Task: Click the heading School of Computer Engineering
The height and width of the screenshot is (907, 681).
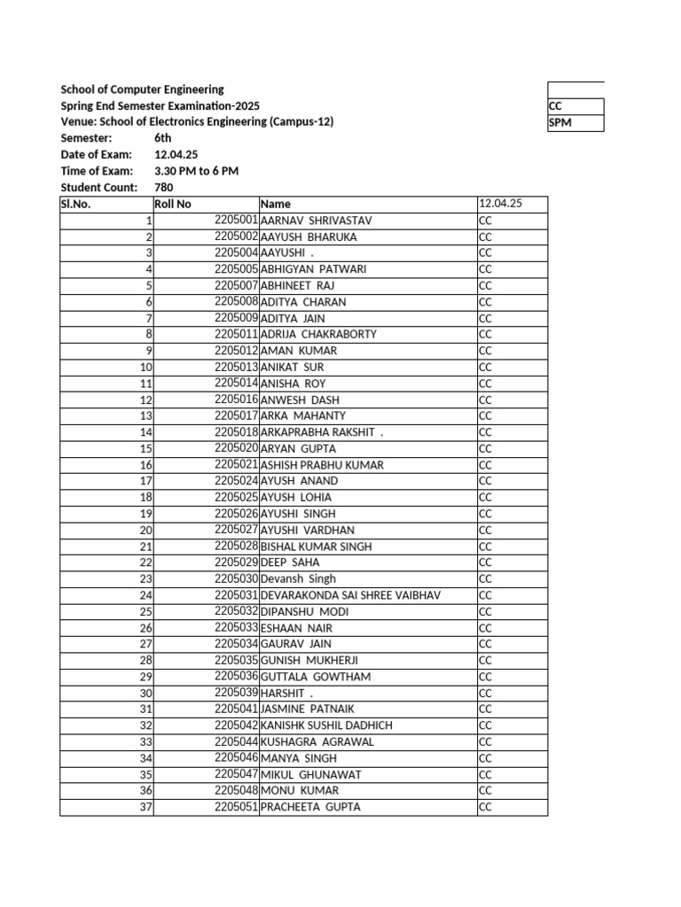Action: (142, 89)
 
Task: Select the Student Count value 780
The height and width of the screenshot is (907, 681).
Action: (164, 187)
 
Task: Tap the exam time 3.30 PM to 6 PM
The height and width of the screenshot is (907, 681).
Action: (196, 171)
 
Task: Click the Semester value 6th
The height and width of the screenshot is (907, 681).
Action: (163, 138)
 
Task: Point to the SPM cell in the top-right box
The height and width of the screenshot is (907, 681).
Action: (560, 123)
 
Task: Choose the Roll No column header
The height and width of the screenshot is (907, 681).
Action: (173, 204)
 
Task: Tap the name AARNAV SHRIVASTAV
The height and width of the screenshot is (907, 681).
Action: (317, 220)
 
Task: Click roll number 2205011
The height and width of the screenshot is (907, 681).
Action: (236, 334)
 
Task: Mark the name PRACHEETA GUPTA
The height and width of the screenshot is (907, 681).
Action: (310, 807)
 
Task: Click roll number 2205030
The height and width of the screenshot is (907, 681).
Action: (236, 578)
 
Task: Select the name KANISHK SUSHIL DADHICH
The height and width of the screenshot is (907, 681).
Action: (326, 725)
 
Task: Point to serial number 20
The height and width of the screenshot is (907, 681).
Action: (146, 530)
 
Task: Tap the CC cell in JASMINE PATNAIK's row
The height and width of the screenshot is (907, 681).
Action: (485, 709)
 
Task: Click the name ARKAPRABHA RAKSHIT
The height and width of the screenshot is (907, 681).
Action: (319, 432)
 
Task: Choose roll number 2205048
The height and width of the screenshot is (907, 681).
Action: (236, 790)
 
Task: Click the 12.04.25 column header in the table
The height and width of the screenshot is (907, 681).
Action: (501, 204)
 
